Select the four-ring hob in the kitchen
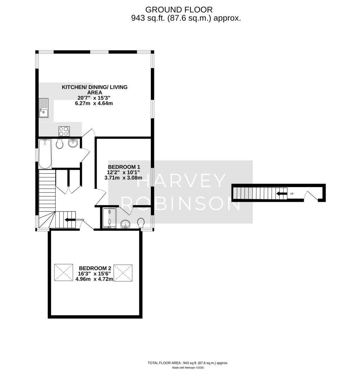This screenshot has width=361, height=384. click(x=64, y=131)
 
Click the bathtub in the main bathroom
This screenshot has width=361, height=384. click(x=45, y=154)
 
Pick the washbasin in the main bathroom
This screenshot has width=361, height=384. click(x=73, y=143)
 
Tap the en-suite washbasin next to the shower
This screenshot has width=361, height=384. click(x=125, y=223)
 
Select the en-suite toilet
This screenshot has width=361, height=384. click(x=140, y=223)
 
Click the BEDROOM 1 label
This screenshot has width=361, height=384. click(x=124, y=167)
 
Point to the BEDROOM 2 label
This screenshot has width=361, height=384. click(x=94, y=268)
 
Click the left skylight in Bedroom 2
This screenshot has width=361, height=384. click(x=64, y=273)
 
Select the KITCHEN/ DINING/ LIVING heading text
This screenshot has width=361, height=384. click(x=95, y=87)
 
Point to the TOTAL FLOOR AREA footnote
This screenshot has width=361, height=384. click(x=188, y=363)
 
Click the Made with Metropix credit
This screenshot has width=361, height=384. click(x=188, y=368)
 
